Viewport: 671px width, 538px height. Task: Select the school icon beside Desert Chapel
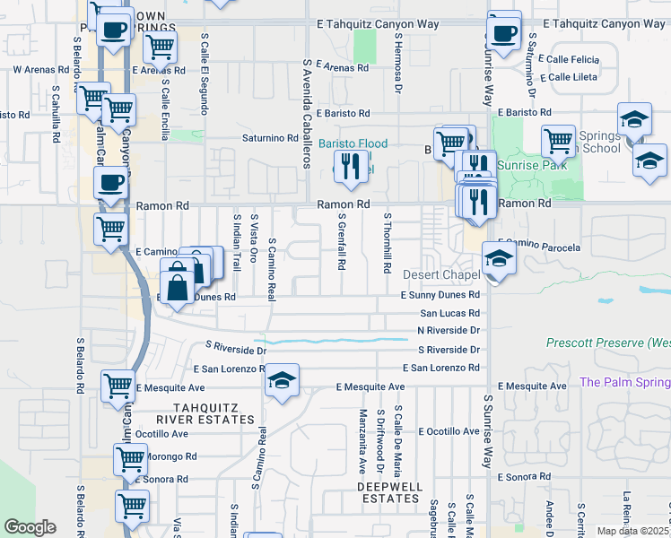[499, 259]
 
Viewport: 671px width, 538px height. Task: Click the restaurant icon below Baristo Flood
[349, 167]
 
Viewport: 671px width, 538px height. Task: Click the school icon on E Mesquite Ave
[282, 382]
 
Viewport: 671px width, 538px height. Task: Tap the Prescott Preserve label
[608, 343]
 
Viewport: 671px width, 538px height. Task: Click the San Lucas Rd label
[449, 314]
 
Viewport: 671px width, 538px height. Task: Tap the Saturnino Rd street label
[270, 138]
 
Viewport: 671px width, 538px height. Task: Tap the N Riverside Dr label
[449, 330]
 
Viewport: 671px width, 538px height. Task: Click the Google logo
[30, 527]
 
